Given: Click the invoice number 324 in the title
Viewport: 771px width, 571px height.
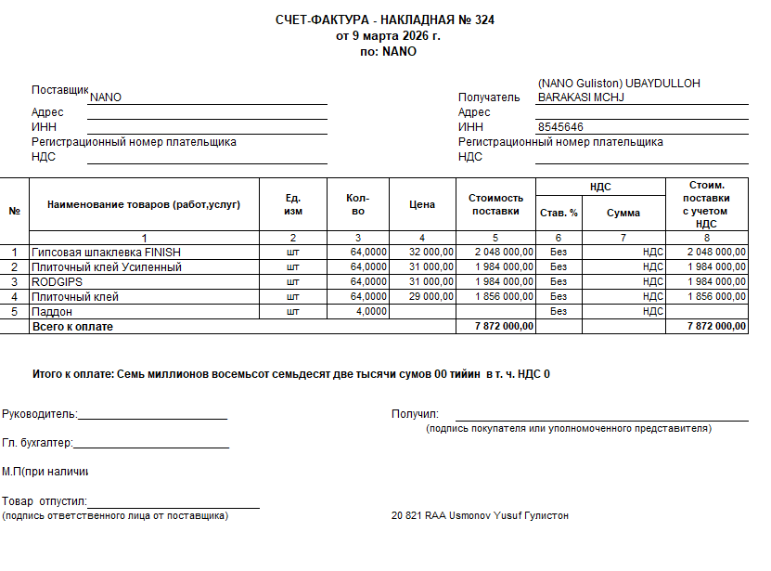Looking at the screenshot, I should (x=483, y=19).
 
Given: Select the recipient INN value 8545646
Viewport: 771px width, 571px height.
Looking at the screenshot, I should (x=560, y=127).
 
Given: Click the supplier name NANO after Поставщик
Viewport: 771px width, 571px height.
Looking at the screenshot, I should (x=106, y=97).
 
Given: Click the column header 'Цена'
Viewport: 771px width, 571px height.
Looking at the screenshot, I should (x=422, y=204).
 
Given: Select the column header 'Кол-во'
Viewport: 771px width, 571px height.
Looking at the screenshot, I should (x=357, y=204).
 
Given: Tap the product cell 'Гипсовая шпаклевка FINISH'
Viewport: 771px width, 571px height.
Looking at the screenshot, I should (x=106, y=253).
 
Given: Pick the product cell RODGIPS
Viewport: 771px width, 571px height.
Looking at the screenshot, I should (x=58, y=282).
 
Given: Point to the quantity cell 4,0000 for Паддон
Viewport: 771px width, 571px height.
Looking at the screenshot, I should (x=370, y=312).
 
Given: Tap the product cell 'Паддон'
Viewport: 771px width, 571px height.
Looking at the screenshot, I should (x=52, y=312).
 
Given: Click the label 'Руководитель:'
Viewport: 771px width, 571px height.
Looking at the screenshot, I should (x=40, y=414).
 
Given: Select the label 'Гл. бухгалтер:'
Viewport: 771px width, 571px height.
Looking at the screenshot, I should (x=37, y=444).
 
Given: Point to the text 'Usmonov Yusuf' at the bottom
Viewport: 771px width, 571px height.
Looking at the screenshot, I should (x=484, y=515).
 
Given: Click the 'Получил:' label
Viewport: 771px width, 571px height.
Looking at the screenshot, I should (x=415, y=414).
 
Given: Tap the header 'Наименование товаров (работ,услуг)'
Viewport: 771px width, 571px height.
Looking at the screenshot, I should (x=144, y=204).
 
